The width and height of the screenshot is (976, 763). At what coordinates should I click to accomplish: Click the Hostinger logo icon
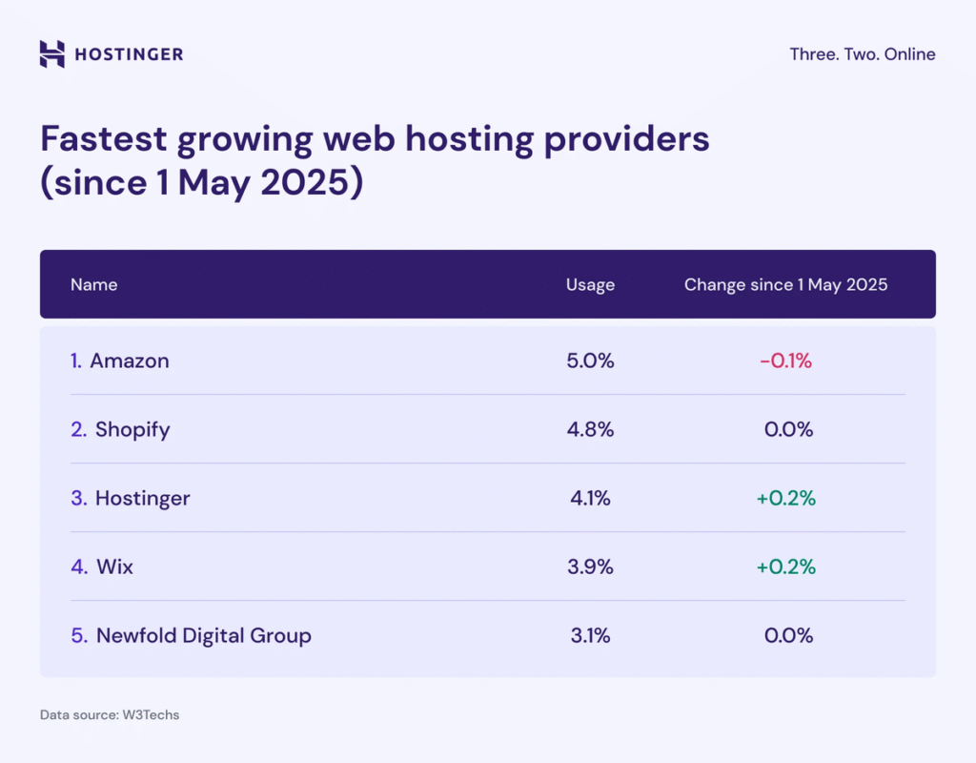tap(52, 53)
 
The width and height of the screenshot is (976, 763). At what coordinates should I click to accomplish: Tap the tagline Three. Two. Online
tap(862, 54)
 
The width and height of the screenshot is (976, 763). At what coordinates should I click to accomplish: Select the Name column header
tap(93, 284)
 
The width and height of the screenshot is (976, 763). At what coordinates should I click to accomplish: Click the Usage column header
tap(590, 284)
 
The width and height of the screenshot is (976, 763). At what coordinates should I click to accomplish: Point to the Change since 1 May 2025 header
tap(785, 284)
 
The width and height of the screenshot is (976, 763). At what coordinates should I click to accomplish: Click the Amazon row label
tap(129, 361)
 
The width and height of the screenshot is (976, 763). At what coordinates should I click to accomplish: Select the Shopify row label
tap(132, 429)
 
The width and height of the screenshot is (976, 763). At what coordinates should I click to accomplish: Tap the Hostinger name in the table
tap(142, 498)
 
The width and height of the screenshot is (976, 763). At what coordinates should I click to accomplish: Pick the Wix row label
tap(114, 567)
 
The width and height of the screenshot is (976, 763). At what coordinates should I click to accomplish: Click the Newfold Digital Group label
tap(203, 635)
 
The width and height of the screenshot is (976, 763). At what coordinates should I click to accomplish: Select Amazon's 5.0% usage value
tap(590, 361)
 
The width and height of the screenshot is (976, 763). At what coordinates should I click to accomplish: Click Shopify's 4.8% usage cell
tap(590, 429)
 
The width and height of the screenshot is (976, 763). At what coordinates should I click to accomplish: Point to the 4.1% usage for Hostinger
tap(590, 498)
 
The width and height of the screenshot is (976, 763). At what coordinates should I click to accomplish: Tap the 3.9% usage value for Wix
tap(590, 567)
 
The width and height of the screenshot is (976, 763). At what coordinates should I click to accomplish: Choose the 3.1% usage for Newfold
tap(590, 635)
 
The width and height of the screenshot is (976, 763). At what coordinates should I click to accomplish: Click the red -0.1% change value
tap(785, 361)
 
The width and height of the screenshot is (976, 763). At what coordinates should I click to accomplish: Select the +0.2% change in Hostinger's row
tap(785, 498)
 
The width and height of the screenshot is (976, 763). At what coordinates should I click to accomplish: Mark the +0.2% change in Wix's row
tap(785, 567)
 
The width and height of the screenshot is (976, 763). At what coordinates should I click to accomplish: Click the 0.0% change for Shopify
tap(788, 429)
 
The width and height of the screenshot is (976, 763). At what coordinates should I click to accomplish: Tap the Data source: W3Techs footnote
tap(109, 714)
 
